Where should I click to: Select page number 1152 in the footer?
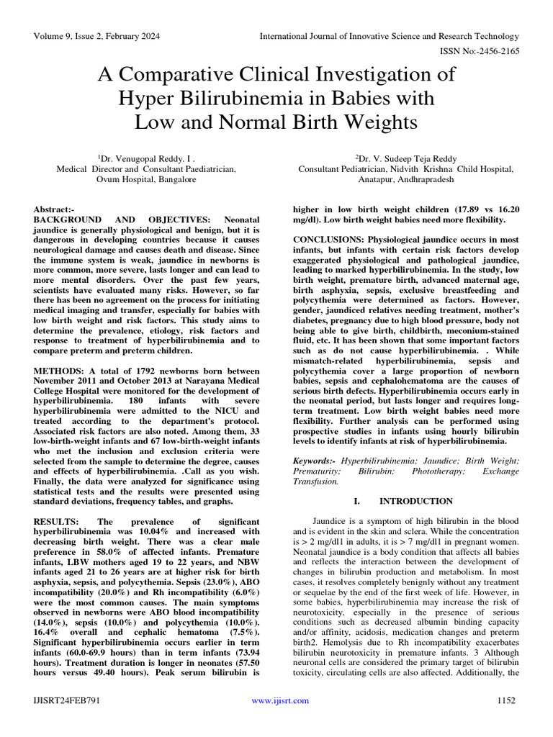(x=508, y=700)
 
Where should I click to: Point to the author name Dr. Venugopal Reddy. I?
(x=147, y=157)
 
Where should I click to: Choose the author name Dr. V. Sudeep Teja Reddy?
(x=408, y=157)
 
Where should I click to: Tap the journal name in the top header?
(x=389, y=36)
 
